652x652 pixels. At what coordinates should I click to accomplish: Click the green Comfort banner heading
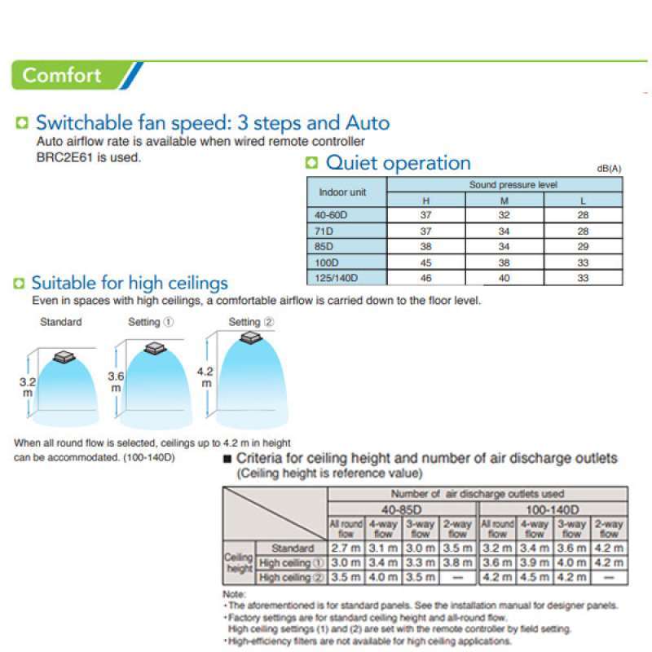(63, 76)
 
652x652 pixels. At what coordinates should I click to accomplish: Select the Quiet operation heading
(398, 163)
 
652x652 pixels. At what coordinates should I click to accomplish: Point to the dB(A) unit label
(609, 168)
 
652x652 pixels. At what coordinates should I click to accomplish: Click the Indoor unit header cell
(342, 193)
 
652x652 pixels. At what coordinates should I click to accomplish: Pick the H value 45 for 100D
(425, 263)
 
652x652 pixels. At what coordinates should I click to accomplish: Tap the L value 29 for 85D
(583, 247)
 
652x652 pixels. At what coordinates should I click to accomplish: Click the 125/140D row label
(336, 278)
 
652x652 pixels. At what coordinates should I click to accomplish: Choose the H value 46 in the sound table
(425, 278)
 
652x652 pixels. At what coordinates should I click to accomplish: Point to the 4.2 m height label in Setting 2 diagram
(206, 377)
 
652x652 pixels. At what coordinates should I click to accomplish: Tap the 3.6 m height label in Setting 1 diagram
(116, 382)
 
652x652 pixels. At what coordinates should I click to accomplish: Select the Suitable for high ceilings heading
(130, 284)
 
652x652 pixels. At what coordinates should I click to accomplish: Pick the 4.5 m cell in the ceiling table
(535, 578)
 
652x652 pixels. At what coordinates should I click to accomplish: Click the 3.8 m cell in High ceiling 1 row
(457, 562)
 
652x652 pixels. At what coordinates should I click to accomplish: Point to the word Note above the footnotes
(234, 595)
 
